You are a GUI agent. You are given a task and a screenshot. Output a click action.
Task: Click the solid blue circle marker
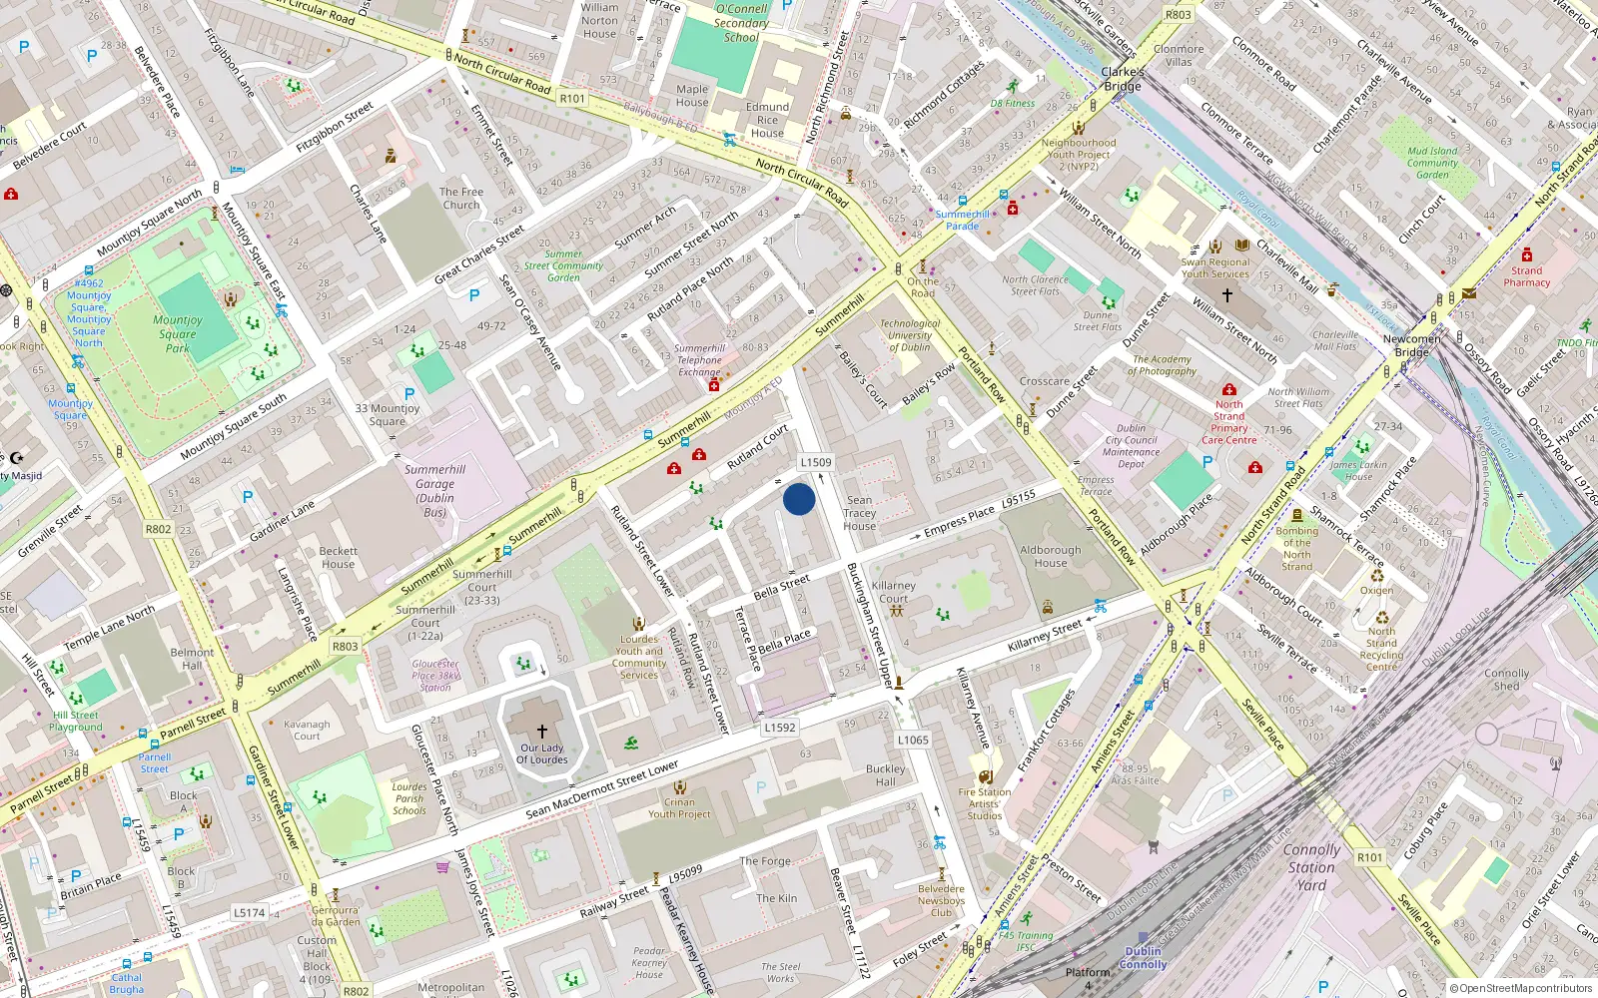pos(799,499)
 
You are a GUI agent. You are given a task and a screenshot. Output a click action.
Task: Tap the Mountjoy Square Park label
pos(178,334)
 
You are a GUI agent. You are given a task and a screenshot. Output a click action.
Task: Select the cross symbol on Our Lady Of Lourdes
pos(542,732)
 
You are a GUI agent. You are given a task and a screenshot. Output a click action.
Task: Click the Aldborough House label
pos(1051,556)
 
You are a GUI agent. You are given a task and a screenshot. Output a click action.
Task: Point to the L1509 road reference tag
pos(816,462)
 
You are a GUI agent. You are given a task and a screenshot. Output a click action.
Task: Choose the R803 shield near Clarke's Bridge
pos(1179,15)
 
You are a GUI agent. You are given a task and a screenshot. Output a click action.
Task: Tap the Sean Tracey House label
pos(859,513)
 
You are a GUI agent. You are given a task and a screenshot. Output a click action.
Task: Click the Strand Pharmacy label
pos(1526,276)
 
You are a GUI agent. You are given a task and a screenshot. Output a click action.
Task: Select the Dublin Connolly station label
pos(1144,958)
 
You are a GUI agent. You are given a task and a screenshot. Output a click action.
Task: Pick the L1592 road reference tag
pos(780,728)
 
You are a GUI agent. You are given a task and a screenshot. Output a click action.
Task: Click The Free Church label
pos(461,199)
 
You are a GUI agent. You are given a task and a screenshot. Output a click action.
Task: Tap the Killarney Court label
pos(893,592)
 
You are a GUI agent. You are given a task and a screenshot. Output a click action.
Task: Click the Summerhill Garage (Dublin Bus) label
pos(434,491)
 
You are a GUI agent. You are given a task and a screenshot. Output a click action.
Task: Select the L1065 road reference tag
pos(913,740)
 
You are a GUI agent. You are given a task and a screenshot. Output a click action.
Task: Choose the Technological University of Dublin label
pos(909,335)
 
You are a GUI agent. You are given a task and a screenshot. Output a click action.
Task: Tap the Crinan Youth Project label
pos(679,807)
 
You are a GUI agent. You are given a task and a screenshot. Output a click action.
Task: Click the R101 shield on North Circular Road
pos(572,98)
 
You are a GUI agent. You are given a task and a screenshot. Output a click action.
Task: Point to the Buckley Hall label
pos(886,775)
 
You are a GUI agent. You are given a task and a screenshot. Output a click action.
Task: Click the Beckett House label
pos(339,557)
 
